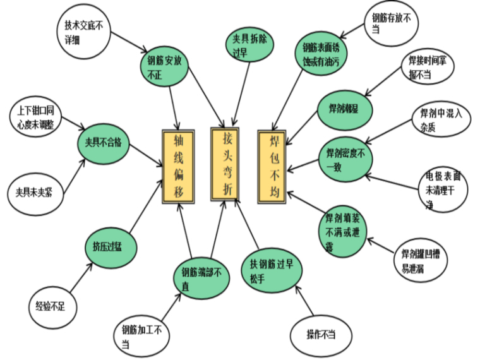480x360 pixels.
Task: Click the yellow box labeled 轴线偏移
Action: click(x=178, y=167)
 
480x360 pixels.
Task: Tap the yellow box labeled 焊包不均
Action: click(x=272, y=162)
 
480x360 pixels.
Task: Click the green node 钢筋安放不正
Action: click(x=163, y=66)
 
